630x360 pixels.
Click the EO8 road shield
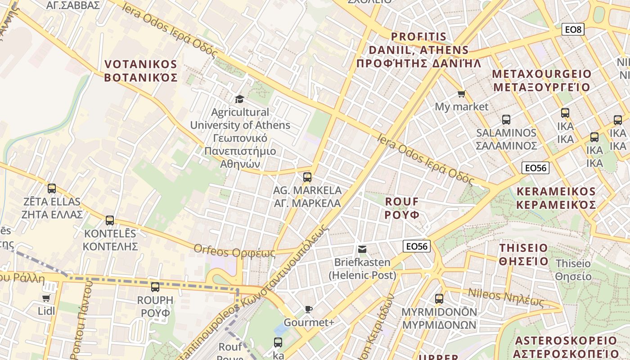click(x=573, y=30)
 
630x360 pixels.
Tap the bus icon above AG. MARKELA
click(x=307, y=177)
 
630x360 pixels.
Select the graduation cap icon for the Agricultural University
click(x=239, y=99)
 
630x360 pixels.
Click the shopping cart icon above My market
click(x=461, y=94)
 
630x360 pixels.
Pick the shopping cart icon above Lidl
click(x=46, y=298)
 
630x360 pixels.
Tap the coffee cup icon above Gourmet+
click(x=308, y=309)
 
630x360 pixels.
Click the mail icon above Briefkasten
click(x=362, y=249)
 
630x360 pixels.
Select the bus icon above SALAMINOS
click(x=506, y=120)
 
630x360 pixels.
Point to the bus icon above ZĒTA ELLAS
click(x=52, y=189)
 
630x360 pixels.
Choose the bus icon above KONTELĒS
click(x=110, y=220)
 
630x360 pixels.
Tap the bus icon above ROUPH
click(x=155, y=287)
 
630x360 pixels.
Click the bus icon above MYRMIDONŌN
click(x=439, y=298)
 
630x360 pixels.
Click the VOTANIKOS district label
click(x=141, y=71)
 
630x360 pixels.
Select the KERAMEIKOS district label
click(x=556, y=198)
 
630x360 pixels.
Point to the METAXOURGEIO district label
click(x=541, y=81)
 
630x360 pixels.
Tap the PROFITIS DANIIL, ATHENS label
click(x=418, y=49)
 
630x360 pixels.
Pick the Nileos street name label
click(x=506, y=297)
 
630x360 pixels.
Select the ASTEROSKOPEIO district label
click(x=567, y=347)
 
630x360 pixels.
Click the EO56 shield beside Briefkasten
click(x=417, y=246)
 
